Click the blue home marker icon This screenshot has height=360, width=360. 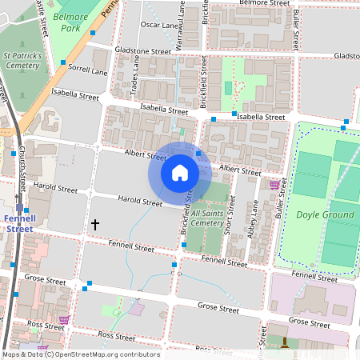pos(180,173)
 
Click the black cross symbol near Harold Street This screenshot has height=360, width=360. pos(95,225)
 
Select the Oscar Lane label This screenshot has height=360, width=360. pos(159,25)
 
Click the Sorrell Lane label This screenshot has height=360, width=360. pos(88,71)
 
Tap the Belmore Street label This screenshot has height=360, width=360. pos(263,3)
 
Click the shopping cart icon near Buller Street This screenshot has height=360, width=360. pos(274,185)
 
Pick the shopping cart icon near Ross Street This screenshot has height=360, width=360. pos(65,319)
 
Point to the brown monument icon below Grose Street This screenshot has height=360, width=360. pos(285,342)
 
